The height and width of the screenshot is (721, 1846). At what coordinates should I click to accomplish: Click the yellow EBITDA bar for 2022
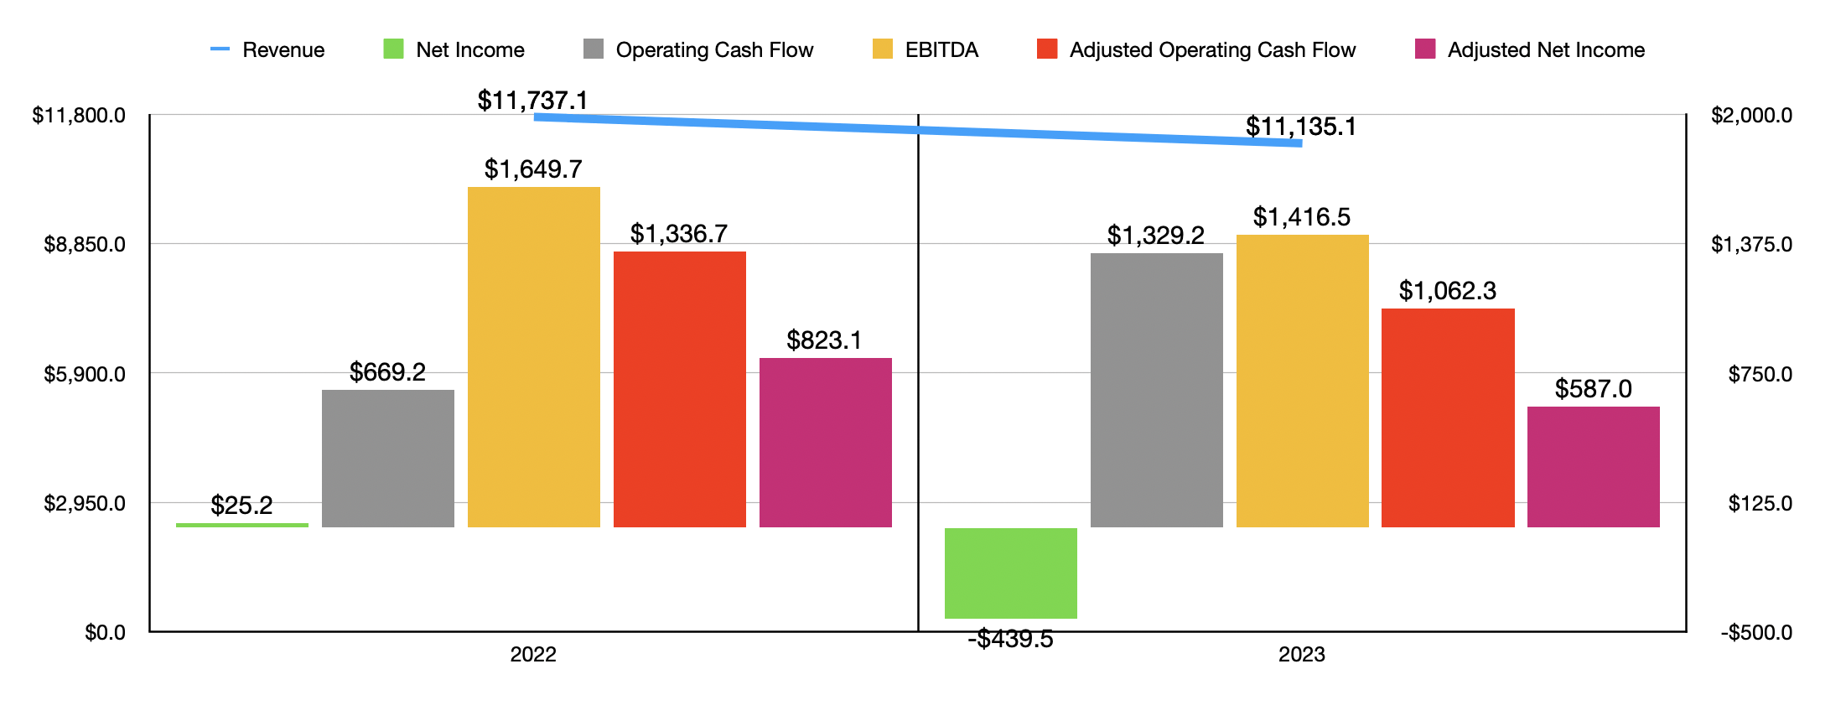534,357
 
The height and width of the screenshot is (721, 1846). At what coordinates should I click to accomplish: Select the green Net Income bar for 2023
1010,573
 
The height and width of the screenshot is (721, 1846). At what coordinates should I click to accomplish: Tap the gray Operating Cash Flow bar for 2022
388,459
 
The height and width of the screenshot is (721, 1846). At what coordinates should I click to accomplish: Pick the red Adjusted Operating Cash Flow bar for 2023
1448,418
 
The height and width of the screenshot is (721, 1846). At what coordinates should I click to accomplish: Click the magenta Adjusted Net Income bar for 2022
826,443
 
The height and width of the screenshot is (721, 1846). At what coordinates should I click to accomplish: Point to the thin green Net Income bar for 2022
242,525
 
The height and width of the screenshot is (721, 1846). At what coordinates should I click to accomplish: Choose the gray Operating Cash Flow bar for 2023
1157,390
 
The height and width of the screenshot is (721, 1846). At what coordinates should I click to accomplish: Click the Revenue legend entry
267,49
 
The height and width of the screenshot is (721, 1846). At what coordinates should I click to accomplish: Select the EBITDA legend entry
926,49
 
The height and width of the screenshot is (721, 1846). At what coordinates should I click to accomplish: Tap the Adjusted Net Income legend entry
1530,49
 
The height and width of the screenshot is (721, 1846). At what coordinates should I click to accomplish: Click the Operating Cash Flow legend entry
698,49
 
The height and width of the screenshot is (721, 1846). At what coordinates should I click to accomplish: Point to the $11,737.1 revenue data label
533,101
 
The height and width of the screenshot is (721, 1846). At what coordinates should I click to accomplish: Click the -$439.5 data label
1010,639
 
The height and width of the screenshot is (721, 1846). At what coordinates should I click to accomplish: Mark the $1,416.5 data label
1302,217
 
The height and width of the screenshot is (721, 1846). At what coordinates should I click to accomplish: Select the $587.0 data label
1593,389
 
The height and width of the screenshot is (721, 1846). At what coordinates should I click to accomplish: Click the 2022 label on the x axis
533,655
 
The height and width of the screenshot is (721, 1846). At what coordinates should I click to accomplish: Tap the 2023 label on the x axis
1301,655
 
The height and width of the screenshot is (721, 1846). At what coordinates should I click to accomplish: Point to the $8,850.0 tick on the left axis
85,244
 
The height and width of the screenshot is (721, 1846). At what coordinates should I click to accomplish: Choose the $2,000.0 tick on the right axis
1752,115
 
